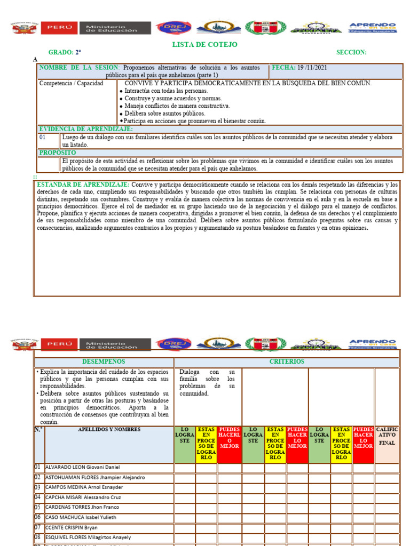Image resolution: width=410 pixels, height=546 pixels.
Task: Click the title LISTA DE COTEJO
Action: click(x=204, y=45)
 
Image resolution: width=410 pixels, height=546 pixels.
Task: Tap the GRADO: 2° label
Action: click(x=65, y=52)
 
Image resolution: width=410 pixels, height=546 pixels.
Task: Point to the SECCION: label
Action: click(x=351, y=52)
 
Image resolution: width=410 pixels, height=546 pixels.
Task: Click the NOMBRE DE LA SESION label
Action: click(x=79, y=68)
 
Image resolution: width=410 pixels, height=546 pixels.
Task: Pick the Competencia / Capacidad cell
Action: click(x=71, y=84)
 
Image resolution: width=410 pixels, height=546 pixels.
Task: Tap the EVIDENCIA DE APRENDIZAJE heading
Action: click(x=85, y=129)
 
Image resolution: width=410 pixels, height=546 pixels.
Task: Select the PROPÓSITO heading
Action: click(x=57, y=153)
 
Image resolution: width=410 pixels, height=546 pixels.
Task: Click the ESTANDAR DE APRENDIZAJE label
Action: click(x=83, y=184)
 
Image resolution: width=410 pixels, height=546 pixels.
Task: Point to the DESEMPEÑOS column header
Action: click(x=104, y=362)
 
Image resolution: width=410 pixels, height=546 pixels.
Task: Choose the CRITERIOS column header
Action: click(x=287, y=362)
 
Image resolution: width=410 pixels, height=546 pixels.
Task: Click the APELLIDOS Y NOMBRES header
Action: click(x=109, y=429)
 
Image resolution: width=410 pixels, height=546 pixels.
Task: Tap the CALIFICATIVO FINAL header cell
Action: click(x=387, y=436)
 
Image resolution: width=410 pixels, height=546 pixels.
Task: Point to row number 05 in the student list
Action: click(x=38, y=507)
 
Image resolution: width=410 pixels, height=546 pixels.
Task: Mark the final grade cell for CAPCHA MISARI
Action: click(x=387, y=497)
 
